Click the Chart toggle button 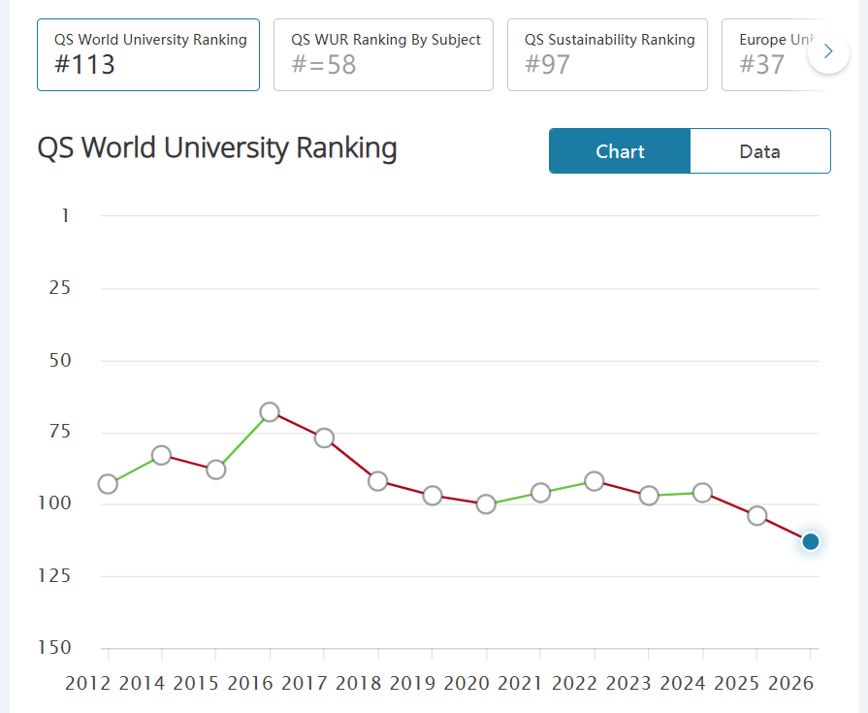(620, 151)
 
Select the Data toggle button (759, 151)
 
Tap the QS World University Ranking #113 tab (148, 54)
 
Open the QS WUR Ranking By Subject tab (384, 54)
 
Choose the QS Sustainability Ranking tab (607, 54)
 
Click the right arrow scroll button (828, 52)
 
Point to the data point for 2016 (270, 412)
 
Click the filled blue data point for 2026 (811, 541)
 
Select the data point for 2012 (108, 484)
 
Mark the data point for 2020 (487, 504)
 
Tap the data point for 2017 (324, 438)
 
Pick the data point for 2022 (595, 481)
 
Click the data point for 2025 (757, 515)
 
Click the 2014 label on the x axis (144, 683)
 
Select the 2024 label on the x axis (685, 683)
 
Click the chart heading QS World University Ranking (217, 148)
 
